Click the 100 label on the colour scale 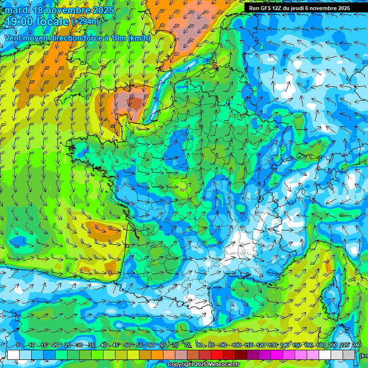click(x=236, y=345)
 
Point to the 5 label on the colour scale click(x=18, y=345)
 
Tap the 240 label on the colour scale click(x=356, y=345)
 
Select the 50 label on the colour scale click(x=127, y=345)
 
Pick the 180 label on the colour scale click(x=321, y=345)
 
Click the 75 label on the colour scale click(x=187, y=345)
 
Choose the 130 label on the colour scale click(x=273, y=345)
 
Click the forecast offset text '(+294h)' click(x=86, y=22)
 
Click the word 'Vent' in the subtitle click(x=14, y=38)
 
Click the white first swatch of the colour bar click(x=13, y=355)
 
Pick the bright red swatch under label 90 click(x=218, y=355)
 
